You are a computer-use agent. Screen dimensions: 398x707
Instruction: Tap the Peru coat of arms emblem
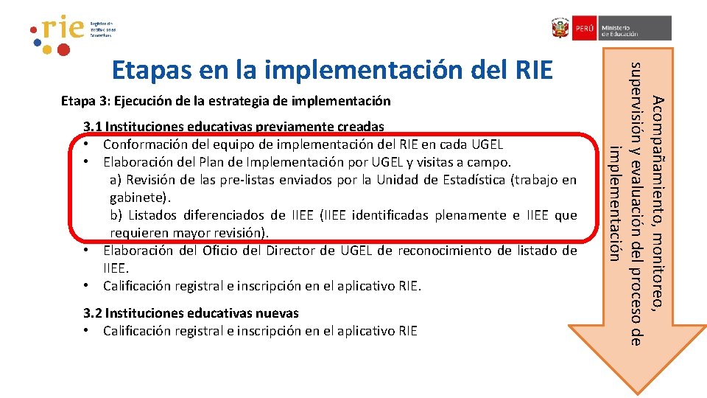pos(560,29)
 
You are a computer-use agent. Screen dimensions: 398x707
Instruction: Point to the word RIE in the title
pos(530,69)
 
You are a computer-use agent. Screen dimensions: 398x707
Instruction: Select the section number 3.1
pos(93,127)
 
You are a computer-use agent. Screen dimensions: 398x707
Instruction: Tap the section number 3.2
pos(93,313)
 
